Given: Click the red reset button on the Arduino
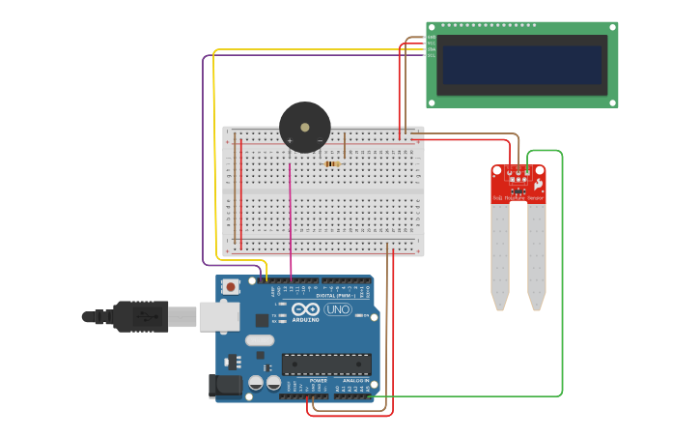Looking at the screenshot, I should coord(231,286).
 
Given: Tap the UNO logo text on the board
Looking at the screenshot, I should coord(338,309).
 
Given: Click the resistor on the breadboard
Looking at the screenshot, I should coord(332,163).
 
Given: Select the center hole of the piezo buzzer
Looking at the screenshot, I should coord(305,127).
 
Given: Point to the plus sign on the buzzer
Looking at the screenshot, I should coord(289,141).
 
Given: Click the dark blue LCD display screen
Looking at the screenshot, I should coord(521,65).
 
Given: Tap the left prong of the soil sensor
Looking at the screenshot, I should coord(499,256).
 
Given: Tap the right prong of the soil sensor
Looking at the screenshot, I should coord(536,256).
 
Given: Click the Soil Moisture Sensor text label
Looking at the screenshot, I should coord(518,198).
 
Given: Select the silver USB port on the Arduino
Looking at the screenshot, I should coord(219,316).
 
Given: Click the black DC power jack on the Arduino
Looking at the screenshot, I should coord(226,386).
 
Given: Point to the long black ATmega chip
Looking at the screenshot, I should coord(326,364).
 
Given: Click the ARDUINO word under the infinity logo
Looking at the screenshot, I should coord(305,319).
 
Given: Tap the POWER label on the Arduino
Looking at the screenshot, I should coord(318,380).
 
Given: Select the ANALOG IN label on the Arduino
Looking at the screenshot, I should coord(353,380).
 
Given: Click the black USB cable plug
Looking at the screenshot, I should coord(141,316).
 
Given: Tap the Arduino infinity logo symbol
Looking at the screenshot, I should coord(305,308).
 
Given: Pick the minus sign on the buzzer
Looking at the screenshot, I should coord(321,141).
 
